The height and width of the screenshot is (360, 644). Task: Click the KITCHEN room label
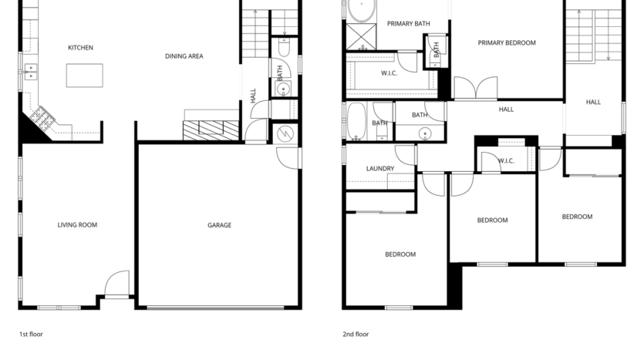[x=80, y=48]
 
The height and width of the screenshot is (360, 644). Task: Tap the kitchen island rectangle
[x=84, y=75]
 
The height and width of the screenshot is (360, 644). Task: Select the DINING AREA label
[x=184, y=56]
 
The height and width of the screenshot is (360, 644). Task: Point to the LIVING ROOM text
[x=77, y=225]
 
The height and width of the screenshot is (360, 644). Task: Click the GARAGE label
[x=219, y=225]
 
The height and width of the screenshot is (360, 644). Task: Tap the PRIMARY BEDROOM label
[x=506, y=43]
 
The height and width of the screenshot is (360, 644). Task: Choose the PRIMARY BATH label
[x=408, y=24]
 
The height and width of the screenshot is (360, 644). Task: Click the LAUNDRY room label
[x=380, y=169]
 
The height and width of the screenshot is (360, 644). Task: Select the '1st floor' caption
[x=32, y=335]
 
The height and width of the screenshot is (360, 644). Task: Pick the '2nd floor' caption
[x=356, y=335]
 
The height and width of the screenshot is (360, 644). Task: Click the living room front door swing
[x=118, y=283]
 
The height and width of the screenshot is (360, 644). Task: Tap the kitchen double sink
[x=31, y=73]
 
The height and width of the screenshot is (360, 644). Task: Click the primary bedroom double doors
[x=476, y=89]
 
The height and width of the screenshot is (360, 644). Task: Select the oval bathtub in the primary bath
[x=360, y=11]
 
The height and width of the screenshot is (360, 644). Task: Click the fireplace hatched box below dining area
[x=211, y=130]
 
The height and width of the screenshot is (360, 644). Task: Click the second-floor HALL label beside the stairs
[x=593, y=102]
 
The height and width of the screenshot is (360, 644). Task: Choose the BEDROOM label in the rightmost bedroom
[x=577, y=217]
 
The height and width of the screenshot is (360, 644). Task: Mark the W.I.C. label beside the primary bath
[x=389, y=73]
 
